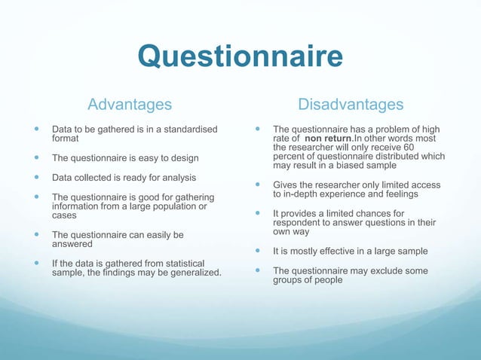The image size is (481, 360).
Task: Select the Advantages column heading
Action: click(130, 103)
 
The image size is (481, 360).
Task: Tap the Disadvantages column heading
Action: click(351, 103)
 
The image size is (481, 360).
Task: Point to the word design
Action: click(183, 157)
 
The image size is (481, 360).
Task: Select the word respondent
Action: click(298, 224)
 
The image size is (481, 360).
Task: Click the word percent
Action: click(290, 157)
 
